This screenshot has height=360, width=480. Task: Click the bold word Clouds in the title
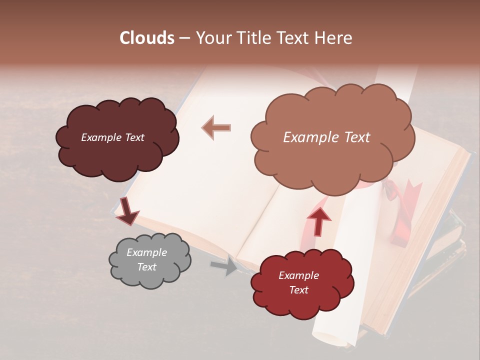pyautogui.click(x=146, y=38)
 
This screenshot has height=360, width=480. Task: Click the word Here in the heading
pyautogui.click(x=332, y=38)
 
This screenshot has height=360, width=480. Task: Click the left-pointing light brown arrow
pyautogui.click(x=216, y=127)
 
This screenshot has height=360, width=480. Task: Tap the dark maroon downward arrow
pyautogui.click(x=127, y=211)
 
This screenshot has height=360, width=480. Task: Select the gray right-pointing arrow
pyautogui.click(x=224, y=266)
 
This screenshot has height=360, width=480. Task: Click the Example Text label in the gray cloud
pyautogui.click(x=147, y=260)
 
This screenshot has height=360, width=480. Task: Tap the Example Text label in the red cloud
pyautogui.click(x=299, y=282)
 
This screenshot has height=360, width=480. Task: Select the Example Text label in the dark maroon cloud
pyautogui.click(x=113, y=137)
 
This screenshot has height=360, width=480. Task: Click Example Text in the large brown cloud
pyautogui.click(x=327, y=137)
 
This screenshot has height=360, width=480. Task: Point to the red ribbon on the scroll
pyautogui.click(x=400, y=210)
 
